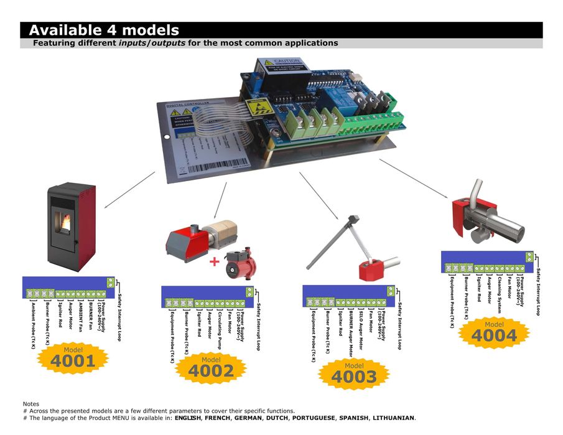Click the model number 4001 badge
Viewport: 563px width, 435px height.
pos(73,360)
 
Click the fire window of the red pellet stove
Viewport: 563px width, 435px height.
pos(64,222)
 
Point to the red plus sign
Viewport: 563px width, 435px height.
pos(215,261)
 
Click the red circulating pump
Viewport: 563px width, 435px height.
pos(240,261)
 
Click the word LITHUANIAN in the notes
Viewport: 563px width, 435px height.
pos(394,418)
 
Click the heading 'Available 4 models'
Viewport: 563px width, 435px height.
pos(104,30)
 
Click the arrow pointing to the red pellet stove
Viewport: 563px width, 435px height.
pos(129,190)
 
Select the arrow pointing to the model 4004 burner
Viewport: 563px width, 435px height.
pos(413,179)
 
